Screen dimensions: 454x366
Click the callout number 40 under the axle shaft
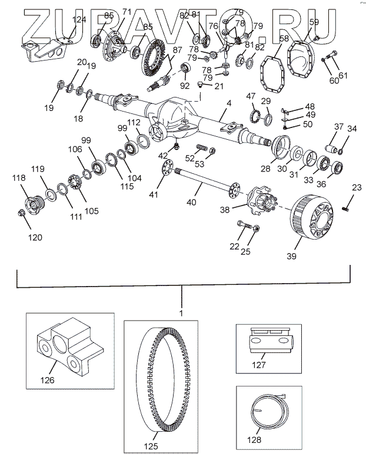coord(191,203)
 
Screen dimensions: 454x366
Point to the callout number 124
coord(79,19)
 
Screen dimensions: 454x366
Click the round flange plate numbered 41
coord(169,170)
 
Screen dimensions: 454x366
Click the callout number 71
coord(125,12)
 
